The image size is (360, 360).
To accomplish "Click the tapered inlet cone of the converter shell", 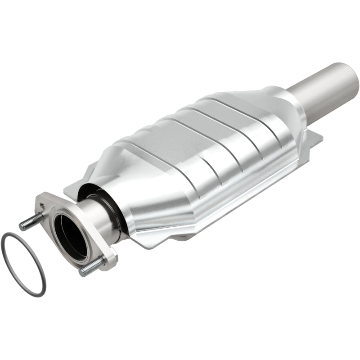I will [148, 180].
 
